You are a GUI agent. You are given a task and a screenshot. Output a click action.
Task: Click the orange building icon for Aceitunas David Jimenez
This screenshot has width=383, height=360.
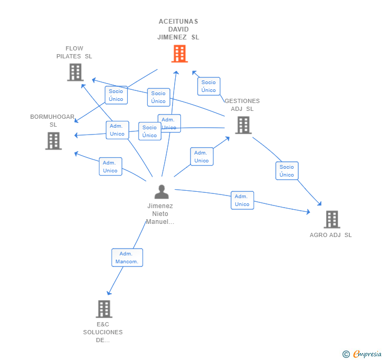(179, 54)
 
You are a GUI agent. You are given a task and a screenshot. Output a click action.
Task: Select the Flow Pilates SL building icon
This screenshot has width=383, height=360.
(75, 73)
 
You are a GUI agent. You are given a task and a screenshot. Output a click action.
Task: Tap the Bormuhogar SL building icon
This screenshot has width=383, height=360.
(53, 141)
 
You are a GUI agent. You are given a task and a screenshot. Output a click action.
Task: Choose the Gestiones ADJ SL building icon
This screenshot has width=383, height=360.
(243, 125)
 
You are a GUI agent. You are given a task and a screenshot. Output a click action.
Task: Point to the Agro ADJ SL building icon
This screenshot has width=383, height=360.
(331, 219)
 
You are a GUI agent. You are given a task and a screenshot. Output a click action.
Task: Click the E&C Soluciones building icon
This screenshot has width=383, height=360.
(104, 309)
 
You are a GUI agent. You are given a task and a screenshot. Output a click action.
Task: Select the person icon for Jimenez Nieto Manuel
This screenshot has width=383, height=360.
(162, 192)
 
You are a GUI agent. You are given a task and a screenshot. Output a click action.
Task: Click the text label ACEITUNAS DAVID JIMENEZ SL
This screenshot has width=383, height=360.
(178, 29)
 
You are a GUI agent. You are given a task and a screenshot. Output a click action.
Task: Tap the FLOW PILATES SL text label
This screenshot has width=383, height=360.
(74, 53)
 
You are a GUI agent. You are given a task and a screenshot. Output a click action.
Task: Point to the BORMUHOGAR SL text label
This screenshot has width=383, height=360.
(53, 120)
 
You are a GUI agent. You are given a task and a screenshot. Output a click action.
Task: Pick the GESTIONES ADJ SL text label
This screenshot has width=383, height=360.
(242, 105)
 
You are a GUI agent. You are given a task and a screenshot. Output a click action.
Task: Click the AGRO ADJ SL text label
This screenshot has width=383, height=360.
(330, 235)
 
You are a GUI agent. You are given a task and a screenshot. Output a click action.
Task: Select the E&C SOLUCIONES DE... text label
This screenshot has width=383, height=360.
(103, 332)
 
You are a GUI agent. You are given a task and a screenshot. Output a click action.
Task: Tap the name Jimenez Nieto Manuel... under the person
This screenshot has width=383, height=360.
(160, 214)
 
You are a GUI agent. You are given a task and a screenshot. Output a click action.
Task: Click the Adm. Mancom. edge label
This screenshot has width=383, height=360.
(127, 258)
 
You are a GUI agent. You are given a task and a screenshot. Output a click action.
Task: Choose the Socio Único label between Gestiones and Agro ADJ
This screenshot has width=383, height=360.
(287, 171)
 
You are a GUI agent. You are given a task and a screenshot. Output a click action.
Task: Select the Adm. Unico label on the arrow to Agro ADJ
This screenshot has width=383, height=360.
(242, 200)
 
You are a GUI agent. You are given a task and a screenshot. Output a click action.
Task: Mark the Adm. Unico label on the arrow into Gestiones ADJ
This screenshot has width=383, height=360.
(201, 157)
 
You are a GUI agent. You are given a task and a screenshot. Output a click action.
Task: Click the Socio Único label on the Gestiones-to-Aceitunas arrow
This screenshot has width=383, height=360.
(208, 86)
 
